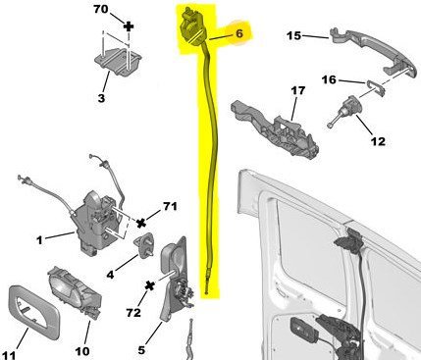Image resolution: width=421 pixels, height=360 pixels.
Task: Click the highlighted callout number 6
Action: pos(239,33)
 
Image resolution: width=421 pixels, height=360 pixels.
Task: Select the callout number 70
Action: pos(101,9)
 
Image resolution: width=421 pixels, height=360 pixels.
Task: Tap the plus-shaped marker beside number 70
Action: pos(129,26)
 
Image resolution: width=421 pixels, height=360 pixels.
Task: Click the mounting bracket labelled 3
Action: pos(118,62)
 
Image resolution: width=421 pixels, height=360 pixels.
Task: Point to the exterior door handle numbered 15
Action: pos(373,51)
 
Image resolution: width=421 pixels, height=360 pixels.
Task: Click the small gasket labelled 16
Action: pos(375,88)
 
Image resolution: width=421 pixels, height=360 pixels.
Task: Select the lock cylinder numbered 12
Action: pos(346,111)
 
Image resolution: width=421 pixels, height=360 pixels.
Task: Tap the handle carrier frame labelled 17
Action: pos(275,129)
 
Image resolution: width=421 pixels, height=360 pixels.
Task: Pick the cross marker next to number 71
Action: pos(141,224)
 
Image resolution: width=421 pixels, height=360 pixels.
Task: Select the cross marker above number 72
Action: pos(150,285)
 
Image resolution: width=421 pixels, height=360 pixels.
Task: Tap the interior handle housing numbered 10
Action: pos(76,292)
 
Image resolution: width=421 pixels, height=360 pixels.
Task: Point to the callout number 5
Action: pos(141,350)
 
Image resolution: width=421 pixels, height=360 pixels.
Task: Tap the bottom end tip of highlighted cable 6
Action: pos(207,293)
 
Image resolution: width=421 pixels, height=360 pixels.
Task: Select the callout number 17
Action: pos(297,90)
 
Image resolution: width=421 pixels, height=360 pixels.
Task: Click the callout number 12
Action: pos(378,141)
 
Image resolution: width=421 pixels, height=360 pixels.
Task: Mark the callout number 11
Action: pos(9,355)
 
